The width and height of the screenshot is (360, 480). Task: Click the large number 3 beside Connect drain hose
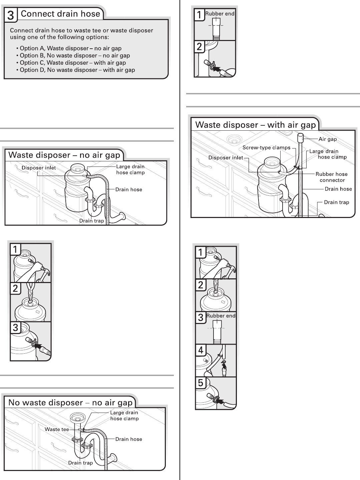pos(11,15)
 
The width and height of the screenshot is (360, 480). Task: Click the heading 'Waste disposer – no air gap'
pos(64,155)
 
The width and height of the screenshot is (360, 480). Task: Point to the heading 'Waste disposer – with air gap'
pos(255,125)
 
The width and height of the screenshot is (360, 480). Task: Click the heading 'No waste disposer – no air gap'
pos(70,403)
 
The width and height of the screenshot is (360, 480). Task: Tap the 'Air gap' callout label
pos(328,139)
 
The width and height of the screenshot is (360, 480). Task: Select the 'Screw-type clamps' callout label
pos(266,148)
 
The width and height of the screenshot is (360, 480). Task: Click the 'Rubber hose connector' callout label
pos(332,177)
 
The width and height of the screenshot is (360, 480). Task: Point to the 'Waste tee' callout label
pos(57,429)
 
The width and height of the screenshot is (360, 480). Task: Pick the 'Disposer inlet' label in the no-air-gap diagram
pos(39,168)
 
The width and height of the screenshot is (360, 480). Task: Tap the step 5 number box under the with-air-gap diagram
pos(201,383)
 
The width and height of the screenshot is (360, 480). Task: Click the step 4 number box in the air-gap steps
pos(201,350)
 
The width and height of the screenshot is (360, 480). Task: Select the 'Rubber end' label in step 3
pos(221,316)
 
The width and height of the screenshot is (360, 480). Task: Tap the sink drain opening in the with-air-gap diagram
pos(231,139)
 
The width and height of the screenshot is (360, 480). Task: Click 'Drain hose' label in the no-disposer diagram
pos(128,439)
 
